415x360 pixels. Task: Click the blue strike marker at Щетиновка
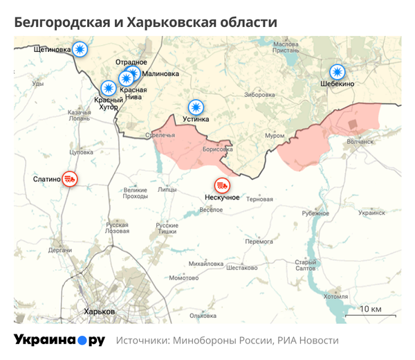click(x=81, y=49)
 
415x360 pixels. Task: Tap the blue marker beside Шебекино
click(x=337, y=71)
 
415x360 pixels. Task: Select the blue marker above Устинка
click(x=196, y=107)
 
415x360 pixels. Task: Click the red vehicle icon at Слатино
click(x=69, y=179)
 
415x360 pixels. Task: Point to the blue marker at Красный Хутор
click(x=109, y=88)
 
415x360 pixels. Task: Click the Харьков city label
click(x=99, y=311)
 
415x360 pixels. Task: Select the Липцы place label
click(x=167, y=189)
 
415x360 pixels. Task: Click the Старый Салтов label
click(x=306, y=265)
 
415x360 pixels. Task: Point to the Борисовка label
click(x=218, y=149)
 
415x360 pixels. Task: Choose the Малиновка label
click(x=160, y=73)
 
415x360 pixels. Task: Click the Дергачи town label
click(x=60, y=249)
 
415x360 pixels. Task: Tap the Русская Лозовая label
click(x=116, y=228)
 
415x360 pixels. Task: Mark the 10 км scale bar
click(x=370, y=314)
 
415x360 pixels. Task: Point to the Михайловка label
click(x=205, y=264)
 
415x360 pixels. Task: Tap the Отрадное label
click(x=131, y=62)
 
